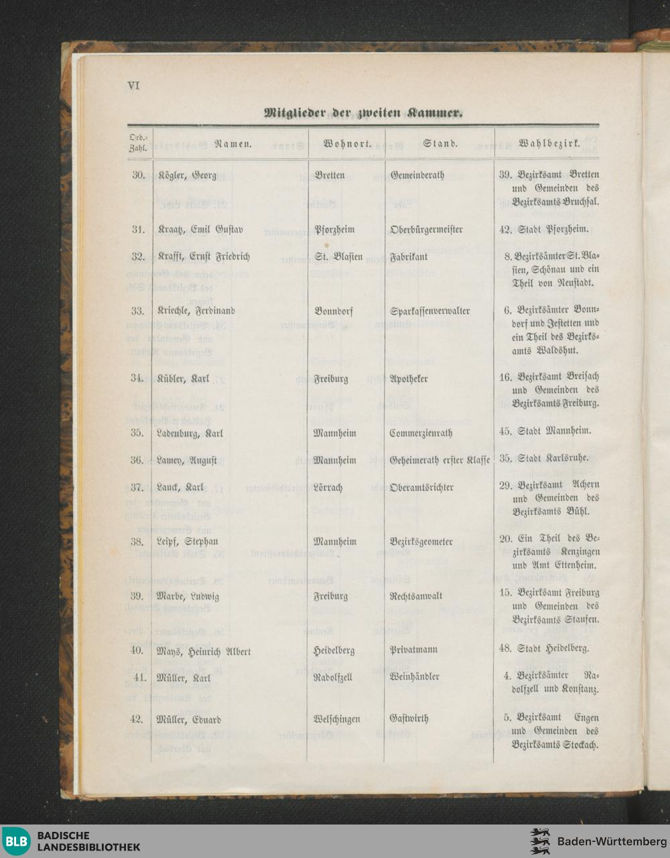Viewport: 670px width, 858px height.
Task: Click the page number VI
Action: [133, 86]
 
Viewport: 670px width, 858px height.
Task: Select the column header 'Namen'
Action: [232, 143]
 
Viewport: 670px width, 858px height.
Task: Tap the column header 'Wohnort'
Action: [348, 143]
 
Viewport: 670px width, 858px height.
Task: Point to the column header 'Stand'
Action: [440, 143]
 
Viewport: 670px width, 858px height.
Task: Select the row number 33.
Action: [138, 311]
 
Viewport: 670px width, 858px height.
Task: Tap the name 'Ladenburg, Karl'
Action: [190, 433]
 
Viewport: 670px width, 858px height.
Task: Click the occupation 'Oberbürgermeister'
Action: [426, 230]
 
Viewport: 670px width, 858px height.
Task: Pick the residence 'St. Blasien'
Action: [338, 257]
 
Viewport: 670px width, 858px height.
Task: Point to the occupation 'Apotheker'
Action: [409, 378]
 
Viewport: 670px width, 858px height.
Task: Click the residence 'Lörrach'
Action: [328, 487]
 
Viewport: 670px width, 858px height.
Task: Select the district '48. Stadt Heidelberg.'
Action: [544, 648]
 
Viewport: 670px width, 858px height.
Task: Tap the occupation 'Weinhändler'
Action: [414, 676]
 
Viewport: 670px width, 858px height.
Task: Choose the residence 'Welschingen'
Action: [336, 719]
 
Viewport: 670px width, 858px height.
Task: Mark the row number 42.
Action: [137, 719]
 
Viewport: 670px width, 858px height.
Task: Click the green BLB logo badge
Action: [16, 841]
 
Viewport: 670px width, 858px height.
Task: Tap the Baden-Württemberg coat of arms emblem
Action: [540, 841]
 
